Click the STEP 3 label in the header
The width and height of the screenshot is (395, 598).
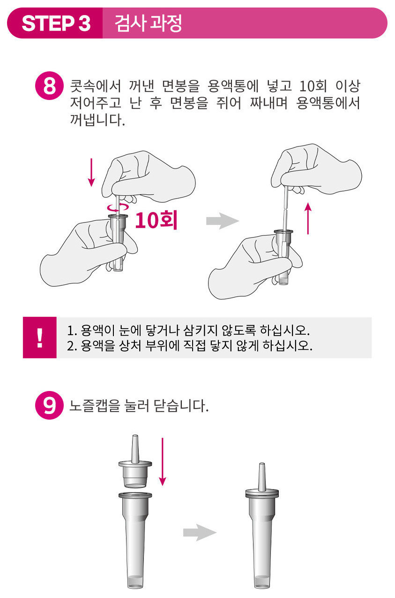pos(56,23)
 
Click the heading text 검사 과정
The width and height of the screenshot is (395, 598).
pos(148,23)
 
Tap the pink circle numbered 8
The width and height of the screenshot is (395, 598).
pos(49,86)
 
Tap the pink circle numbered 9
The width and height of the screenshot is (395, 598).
pos(49,405)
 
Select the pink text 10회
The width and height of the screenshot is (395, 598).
pos(156,220)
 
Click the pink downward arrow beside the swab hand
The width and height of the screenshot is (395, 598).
pos(91,172)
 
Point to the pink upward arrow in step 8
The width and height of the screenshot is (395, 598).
pos(308,218)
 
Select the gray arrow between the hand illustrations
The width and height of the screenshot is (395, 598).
pos(223,221)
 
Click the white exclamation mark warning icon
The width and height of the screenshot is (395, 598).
pos(40,337)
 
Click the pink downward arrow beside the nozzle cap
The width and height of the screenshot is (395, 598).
pos(162,461)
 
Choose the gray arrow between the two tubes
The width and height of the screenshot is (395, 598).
pos(200,533)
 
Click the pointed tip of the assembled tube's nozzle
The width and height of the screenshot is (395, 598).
pos(262,463)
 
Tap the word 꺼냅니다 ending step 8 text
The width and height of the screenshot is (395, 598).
pos(97,120)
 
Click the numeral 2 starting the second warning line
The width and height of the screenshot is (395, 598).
pos(70,346)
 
